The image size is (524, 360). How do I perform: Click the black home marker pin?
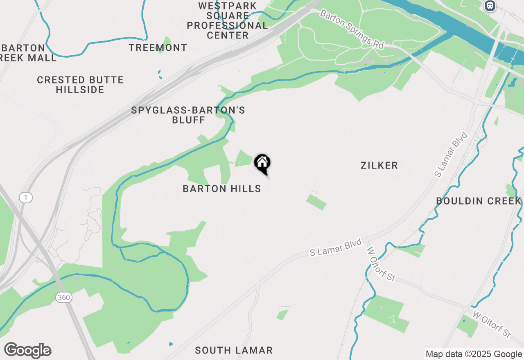coord(262,164)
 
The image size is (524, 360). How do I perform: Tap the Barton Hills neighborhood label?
coord(222,189)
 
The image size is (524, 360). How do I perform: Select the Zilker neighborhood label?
coord(379,165)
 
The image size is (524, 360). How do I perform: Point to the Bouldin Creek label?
coord(479,201)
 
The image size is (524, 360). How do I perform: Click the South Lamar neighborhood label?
coord(234,350)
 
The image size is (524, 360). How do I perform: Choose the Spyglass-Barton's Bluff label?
coord(188,115)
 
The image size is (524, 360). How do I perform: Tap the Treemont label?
coord(158,48)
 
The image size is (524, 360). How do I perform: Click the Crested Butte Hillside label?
coord(80,85)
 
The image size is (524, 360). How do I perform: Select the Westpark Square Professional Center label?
coord(228,21)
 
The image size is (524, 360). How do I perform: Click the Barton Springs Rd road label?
coord(352,29)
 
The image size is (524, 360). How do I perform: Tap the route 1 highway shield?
coord(25,198)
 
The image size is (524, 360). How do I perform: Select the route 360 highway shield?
coord(63,297)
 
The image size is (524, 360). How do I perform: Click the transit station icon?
coord(490,6)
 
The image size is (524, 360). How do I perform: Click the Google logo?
coord(27,351)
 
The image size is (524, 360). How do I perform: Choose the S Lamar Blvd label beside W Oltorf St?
coord(336,248)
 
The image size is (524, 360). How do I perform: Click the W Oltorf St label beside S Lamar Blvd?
coord(381,264)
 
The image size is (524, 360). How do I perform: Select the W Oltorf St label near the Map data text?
coord(492,324)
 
